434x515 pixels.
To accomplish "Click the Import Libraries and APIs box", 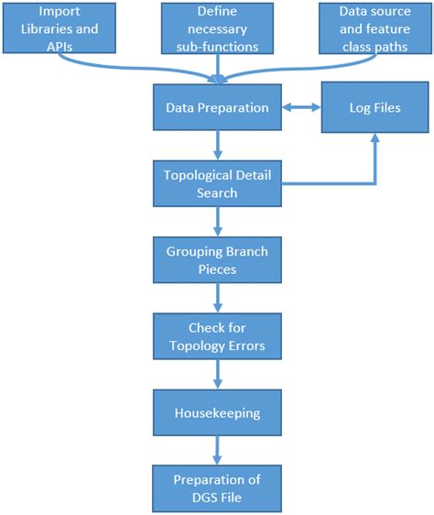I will click(57, 27).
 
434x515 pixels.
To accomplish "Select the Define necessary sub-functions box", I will click(217, 27).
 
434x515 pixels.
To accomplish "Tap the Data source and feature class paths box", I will click(376, 27).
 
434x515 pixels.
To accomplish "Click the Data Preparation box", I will click(217, 108).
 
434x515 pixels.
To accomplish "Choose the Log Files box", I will click(374, 108).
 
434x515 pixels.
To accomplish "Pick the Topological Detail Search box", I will click(217, 183).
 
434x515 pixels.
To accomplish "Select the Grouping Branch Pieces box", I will click(217, 259).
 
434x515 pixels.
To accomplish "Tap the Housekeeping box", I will click(217, 412).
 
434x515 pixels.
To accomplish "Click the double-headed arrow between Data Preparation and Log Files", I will click(301, 108).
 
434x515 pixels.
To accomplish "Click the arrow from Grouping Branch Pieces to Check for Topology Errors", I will click(217, 298).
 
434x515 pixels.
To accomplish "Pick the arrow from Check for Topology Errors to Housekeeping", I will click(217, 374).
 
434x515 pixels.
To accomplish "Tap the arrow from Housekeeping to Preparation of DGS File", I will click(217, 450).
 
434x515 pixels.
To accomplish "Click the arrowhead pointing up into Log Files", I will click(374, 139).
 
